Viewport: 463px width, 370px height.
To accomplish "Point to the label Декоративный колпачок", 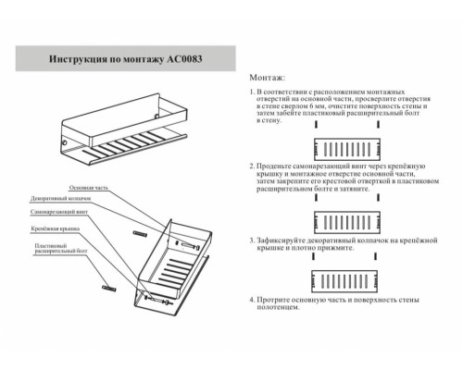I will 59,199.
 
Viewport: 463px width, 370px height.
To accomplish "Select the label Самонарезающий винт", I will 57,212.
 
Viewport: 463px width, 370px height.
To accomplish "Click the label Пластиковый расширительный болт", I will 53,246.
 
